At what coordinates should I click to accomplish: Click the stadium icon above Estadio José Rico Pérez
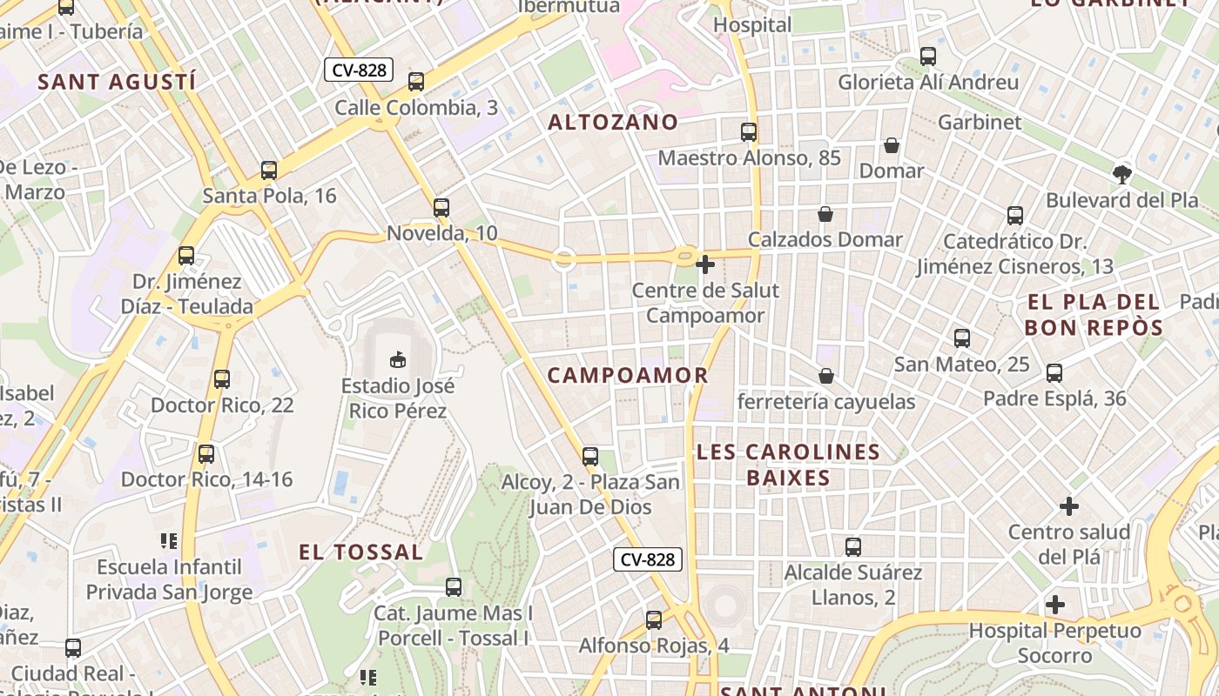(398, 358)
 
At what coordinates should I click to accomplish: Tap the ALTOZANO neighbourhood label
(613, 123)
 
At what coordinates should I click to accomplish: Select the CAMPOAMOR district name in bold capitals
(628, 376)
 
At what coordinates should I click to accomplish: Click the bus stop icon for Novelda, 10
(441, 208)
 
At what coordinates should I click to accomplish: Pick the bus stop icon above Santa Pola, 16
(269, 171)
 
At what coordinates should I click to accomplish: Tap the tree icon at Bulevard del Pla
(1122, 174)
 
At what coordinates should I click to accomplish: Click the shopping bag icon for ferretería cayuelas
(825, 376)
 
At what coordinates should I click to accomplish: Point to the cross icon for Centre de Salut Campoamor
(705, 264)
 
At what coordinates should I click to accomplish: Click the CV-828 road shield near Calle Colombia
(359, 70)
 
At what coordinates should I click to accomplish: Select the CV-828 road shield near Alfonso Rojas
(648, 559)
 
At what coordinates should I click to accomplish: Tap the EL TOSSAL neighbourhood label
(361, 552)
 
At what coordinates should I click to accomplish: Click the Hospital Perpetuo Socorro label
(1054, 643)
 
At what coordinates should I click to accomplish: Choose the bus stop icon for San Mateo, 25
(962, 338)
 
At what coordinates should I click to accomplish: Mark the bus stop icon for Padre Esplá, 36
(1054, 373)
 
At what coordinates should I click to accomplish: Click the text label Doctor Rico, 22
(222, 405)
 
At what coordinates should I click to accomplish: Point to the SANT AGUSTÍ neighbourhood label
(117, 83)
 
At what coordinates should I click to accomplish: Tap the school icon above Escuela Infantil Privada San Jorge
(169, 541)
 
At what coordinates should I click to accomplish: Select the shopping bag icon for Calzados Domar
(825, 214)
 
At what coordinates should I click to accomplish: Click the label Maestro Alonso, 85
(750, 158)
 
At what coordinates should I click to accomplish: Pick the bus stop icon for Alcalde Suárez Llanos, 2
(853, 547)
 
